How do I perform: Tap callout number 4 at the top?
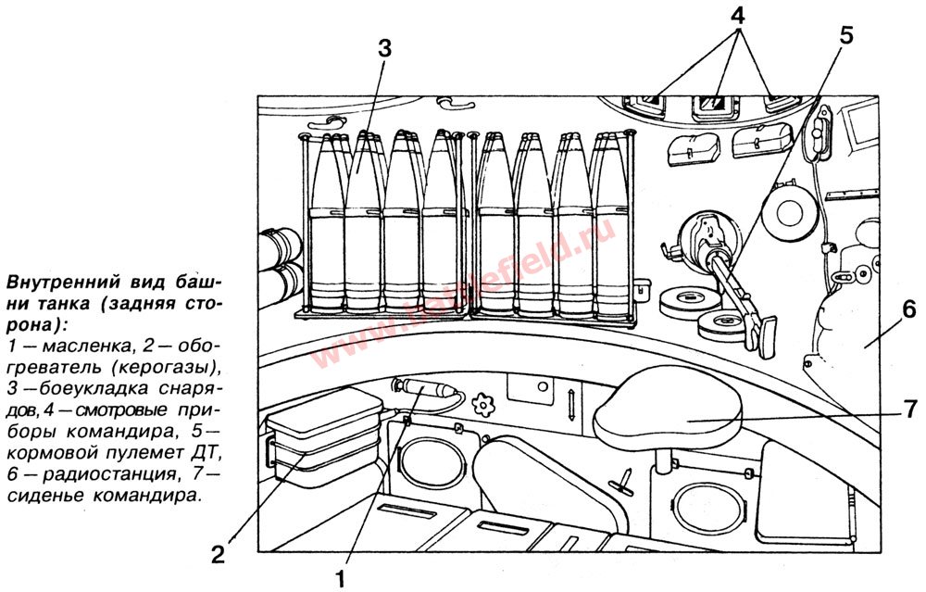(x=738, y=16)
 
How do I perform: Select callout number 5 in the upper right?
(x=846, y=35)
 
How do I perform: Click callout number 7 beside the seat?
(x=909, y=409)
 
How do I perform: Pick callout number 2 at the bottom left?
(x=217, y=555)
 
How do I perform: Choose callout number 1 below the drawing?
(x=340, y=580)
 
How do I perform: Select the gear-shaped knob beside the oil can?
(x=484, y=404)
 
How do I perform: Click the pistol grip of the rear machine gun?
(x=766, y=335)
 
